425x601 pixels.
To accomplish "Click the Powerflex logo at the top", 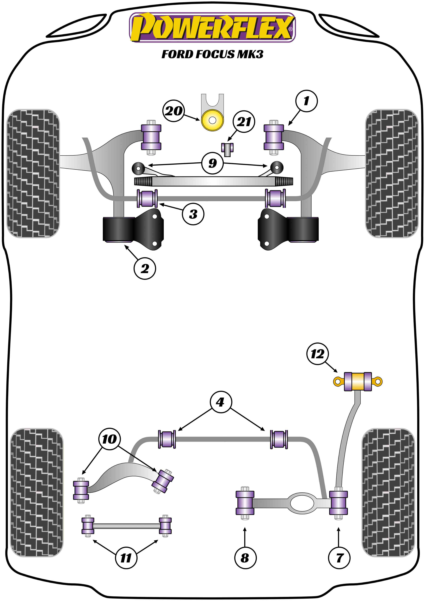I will tap(212, 27).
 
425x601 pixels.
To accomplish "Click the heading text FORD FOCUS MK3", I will tap(212, 54).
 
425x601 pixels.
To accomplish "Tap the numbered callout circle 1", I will tap(306, 101).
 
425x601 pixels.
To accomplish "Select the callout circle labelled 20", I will tap(174, 111).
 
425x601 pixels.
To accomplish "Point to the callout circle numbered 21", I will tap(244, 122).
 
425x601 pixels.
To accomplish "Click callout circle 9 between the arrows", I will tap(212, 163).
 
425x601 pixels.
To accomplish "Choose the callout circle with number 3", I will tap(193, 214).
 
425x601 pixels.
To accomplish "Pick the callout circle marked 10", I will tap(109, 439).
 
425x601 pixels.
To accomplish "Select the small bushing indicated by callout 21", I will tap(227, 149).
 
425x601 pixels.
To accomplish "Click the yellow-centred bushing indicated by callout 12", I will tap(358, 381).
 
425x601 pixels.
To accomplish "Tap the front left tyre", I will tap(33, 173).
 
